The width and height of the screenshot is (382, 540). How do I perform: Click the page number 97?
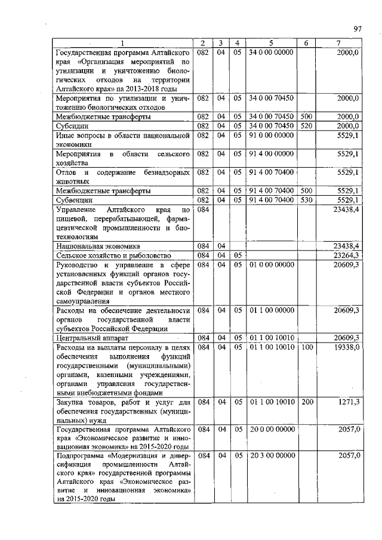(358, 28)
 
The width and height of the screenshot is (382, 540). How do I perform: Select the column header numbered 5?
(271, 44)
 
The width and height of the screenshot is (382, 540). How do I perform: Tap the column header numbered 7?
(338, 44)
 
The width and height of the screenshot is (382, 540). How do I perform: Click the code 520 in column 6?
(306, 125)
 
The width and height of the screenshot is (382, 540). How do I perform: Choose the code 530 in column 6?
(306, 199)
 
